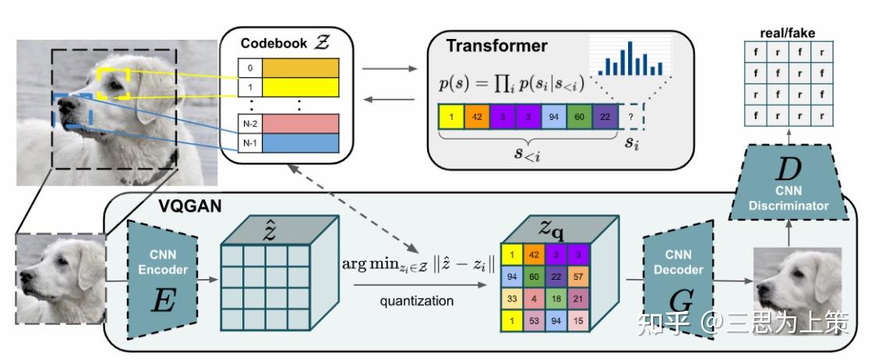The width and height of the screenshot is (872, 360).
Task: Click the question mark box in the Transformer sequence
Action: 634,118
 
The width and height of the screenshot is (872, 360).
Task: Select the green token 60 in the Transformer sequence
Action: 578,118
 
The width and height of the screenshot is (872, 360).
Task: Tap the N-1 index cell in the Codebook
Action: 249,143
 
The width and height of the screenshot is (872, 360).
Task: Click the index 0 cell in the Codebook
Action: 249,68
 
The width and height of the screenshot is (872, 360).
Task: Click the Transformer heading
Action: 496,46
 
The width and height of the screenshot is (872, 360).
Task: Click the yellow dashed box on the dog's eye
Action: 114,83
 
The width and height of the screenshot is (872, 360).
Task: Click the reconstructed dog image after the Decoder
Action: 797,278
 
